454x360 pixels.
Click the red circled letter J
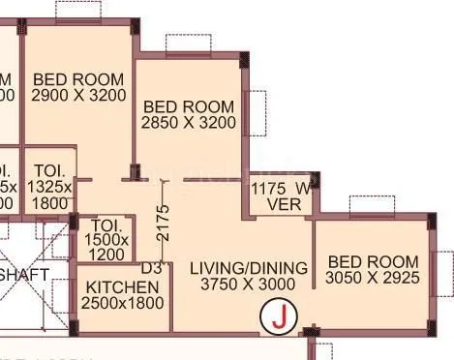(280, 316)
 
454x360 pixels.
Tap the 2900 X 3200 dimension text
(78, 96)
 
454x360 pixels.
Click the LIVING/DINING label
(249, 267)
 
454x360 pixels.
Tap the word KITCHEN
(123, 287)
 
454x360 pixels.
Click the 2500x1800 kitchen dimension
(123, 304)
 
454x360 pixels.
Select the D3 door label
(151, 267)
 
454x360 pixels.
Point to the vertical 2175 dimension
(163, 223)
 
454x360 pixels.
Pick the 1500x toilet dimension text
(106, 239)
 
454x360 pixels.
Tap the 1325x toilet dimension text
(47, 187)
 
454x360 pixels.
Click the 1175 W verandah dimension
(282, 188)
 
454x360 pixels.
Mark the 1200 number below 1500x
(106, 255)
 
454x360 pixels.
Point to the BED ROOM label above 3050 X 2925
(373, 262)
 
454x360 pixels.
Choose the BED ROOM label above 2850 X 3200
(189, 105)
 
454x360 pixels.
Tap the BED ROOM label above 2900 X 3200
(78, 78)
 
